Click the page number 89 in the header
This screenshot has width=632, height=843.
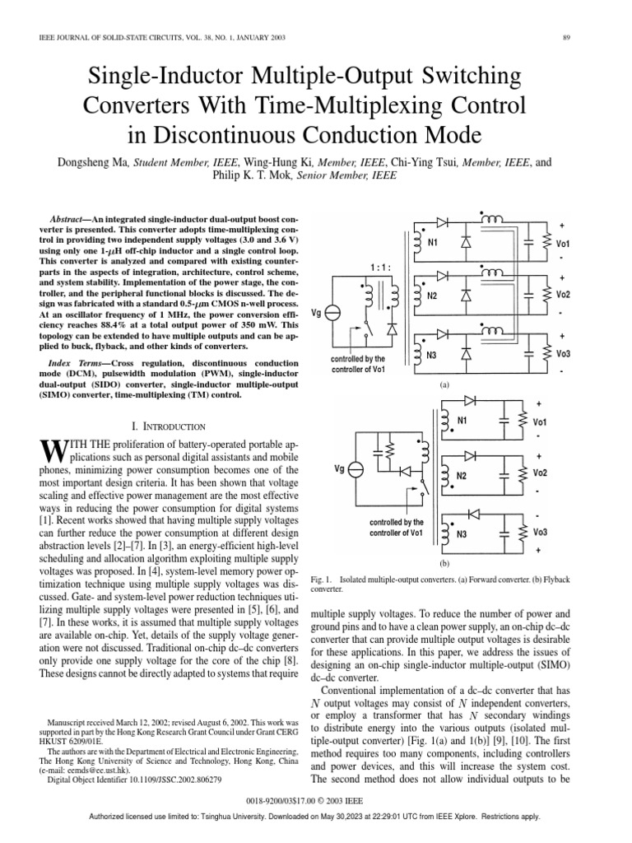567,37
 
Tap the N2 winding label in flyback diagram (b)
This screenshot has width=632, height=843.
462,475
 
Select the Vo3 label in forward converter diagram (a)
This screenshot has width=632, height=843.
563,354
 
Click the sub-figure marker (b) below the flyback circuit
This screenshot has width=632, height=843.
444,563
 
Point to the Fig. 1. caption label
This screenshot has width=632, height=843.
323,580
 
